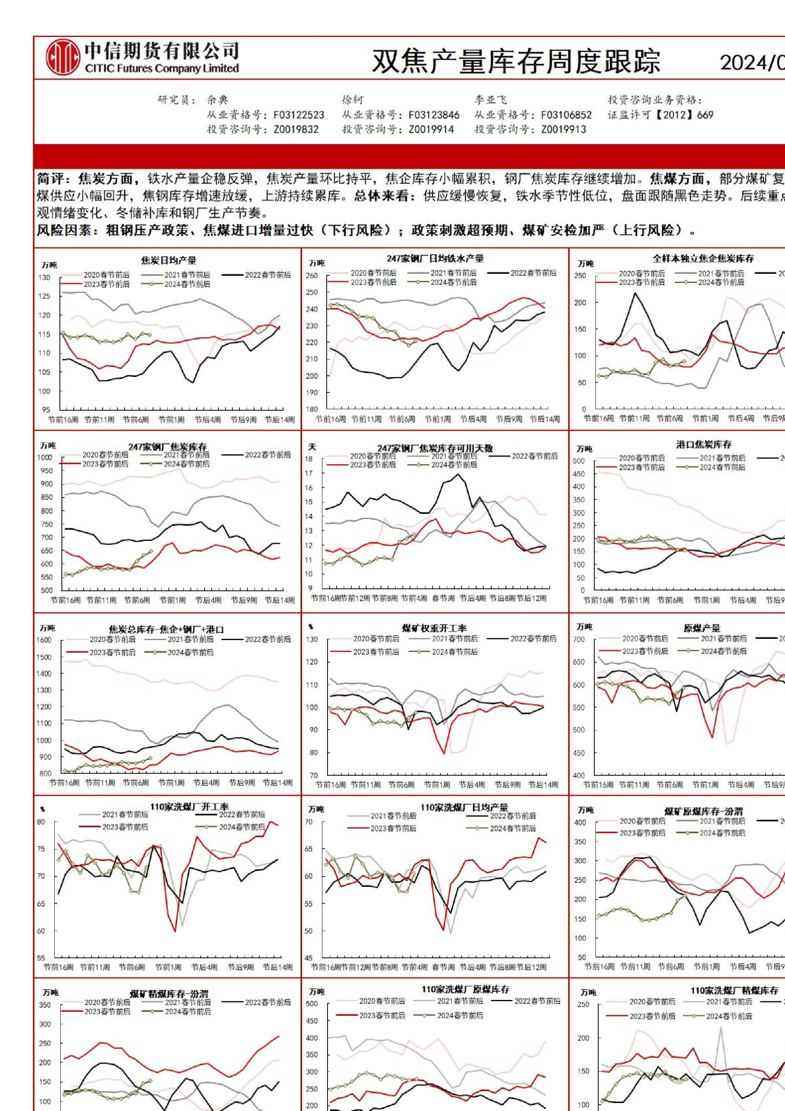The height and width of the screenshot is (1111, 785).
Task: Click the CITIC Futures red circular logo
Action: point(62,58)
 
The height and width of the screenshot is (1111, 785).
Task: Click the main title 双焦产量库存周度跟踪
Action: point(516,62)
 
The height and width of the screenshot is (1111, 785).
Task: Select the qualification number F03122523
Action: point(299,115)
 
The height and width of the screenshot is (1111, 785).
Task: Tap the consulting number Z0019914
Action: point(431,130)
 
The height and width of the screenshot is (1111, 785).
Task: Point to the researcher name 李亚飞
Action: point(490,100)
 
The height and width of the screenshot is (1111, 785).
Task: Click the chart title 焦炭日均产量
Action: point(168,260)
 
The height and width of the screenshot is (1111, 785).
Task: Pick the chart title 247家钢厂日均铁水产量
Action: point(435,258)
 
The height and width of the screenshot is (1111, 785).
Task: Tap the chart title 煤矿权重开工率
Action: point(434,628)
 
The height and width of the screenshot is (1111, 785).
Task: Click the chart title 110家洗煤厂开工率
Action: point(190,806)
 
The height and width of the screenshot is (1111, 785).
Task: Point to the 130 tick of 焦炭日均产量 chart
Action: point(44,278)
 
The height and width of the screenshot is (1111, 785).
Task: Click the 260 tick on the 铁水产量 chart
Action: point(311,276)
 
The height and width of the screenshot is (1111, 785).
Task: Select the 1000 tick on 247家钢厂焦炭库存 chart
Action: point(45,458)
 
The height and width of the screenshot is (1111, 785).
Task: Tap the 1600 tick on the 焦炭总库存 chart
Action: point(44,640)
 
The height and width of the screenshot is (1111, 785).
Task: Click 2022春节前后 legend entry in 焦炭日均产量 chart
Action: point(268,274)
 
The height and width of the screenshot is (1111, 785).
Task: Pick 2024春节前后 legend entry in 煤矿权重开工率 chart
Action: point(455,652)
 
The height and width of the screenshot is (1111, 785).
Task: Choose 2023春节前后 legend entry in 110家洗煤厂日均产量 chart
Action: point(393,828)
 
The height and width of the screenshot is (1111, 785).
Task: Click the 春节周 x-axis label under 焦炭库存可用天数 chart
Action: point(443,598)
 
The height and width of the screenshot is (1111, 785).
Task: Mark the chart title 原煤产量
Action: point(702,628)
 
